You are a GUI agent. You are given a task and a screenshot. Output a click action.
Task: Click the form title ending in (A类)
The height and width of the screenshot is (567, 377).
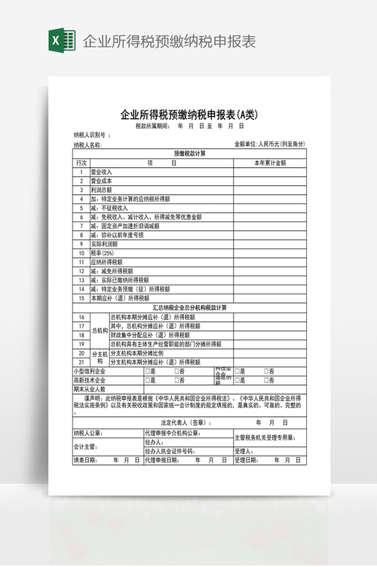(x=189, y=115)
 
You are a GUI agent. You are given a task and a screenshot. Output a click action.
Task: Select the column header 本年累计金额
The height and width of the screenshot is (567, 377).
(x=269, y=163)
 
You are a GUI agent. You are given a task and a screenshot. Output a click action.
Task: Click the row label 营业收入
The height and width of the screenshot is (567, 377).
(x=101, y=172)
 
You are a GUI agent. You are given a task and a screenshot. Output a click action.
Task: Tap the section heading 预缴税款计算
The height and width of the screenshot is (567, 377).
(x=189, y=154)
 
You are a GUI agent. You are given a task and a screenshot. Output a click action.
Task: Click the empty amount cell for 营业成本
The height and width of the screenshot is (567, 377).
(x=269, y=181)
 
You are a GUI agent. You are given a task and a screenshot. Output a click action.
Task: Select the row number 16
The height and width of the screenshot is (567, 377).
(x=81, y=317)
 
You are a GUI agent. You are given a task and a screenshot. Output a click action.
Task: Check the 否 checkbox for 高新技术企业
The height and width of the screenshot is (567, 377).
(x=178, y=380)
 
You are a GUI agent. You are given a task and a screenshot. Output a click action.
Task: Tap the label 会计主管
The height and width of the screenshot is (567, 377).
(x=85, y=447)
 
